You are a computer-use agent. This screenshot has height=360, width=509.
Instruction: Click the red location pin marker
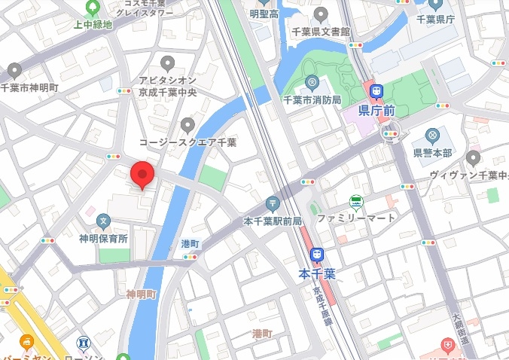coord(142,174)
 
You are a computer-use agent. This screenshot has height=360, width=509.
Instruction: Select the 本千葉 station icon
coord(318,257)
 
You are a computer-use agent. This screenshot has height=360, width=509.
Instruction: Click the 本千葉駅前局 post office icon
coord(273,203)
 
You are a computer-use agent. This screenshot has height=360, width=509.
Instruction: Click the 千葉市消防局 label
coord(312,99)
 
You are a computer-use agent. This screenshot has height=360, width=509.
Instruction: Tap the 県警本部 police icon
coord(432,136)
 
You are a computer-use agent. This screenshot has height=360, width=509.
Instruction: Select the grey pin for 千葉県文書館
coord(321,14)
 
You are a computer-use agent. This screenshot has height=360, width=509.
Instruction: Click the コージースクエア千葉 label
coord(188,142)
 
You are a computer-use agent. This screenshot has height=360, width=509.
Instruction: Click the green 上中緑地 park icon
coord(93,8)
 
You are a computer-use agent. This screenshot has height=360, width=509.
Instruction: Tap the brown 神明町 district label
coord(141,294)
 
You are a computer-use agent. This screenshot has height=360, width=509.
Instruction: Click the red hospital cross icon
coord(449,347)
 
